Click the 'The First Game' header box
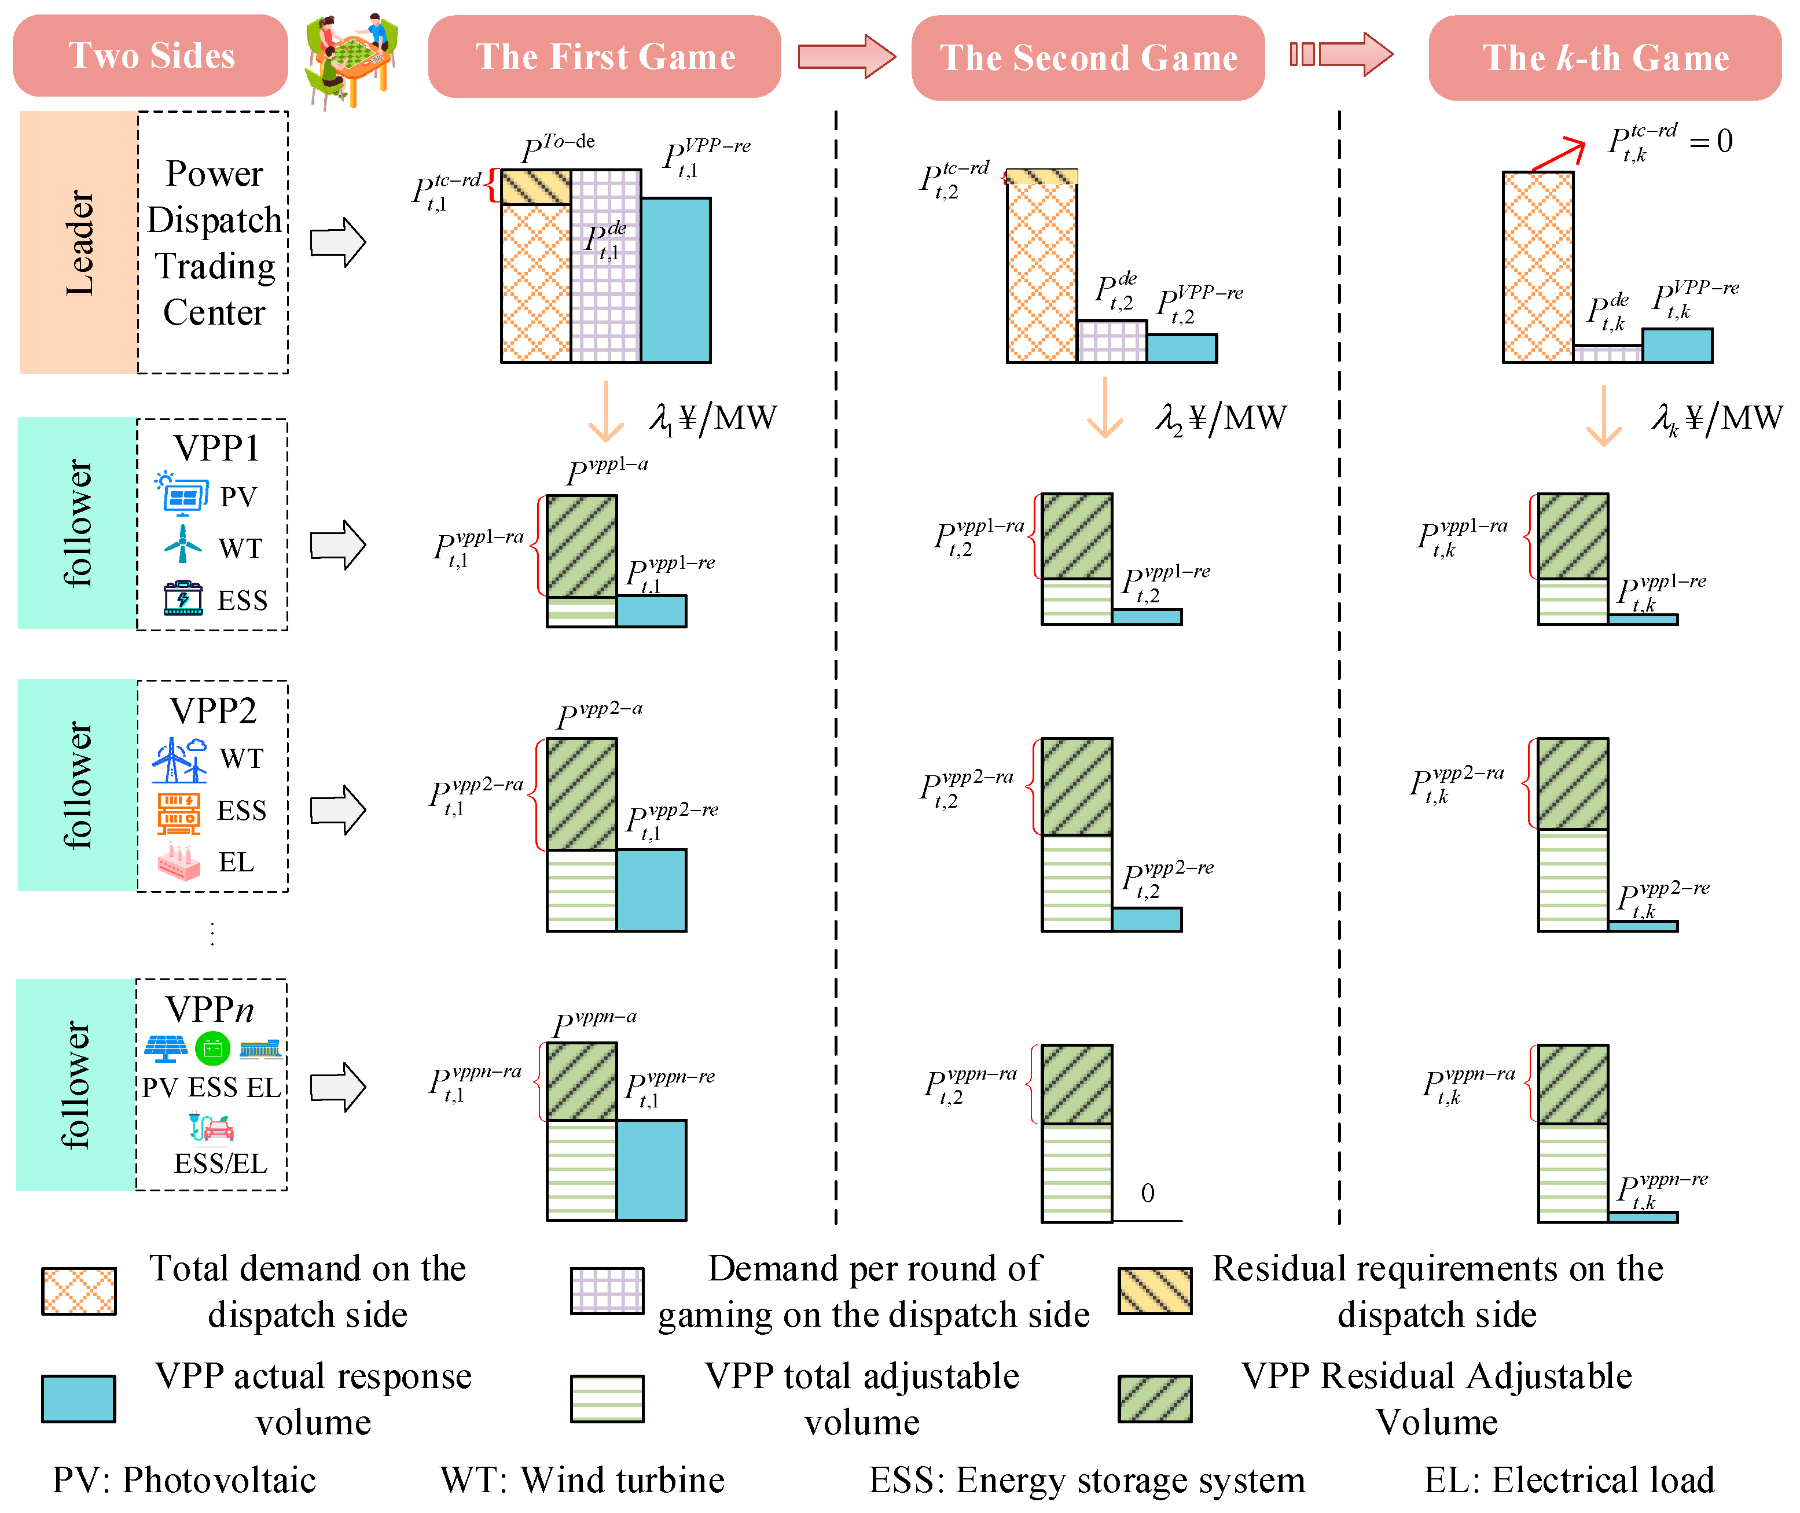(x=604, y=57)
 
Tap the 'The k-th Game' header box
(x=1604, y=57)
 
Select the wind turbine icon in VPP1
(x=183, y=544)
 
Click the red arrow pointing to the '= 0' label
(x=1557, y=154)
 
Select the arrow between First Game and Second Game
(x=846, y=57)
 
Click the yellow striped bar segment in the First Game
(x=535, y=187)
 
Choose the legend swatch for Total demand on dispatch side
(x=78, y=1291)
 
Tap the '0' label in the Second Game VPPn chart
(x=1147, y=1192)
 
